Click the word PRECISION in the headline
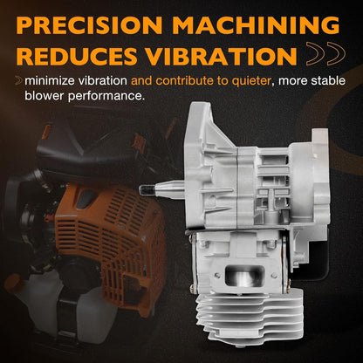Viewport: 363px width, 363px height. pyautogui.click(x=89, y=25)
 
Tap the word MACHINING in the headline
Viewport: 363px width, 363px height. pyautogui.click(x=256, y=25)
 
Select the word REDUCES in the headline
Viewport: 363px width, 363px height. pyautogui.click(x=77, y=56)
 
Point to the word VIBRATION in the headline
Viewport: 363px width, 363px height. pyautogui.click(x=221, y=56)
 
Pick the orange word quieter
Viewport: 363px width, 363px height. pyautogui.click(x=251, y=81)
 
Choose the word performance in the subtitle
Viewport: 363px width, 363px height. pyautogui.click(x=106, y=96)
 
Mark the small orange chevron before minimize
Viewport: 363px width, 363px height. pyautogui.click(x=19, y=80)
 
